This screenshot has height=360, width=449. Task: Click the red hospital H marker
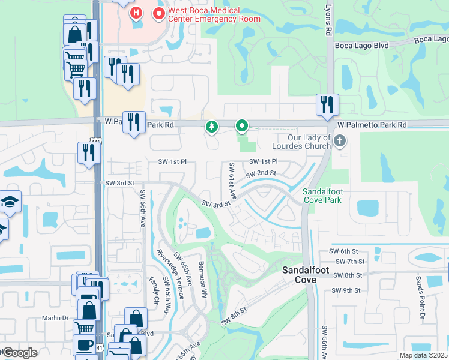[x=137, y=12]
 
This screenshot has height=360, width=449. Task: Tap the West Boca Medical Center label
[x=207, y=14]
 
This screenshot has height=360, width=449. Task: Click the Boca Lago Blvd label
[x=362, y=45]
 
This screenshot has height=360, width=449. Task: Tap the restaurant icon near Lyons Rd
[x=327, y=104]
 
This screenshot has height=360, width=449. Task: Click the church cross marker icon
[x=340, y=142]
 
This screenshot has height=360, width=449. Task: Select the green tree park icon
[x=211, y=126]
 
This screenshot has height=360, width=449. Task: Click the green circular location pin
[x=242, y=125]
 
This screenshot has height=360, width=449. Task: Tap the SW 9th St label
[x=347, y=290]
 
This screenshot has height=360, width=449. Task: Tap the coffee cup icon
[x=83, y=345]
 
